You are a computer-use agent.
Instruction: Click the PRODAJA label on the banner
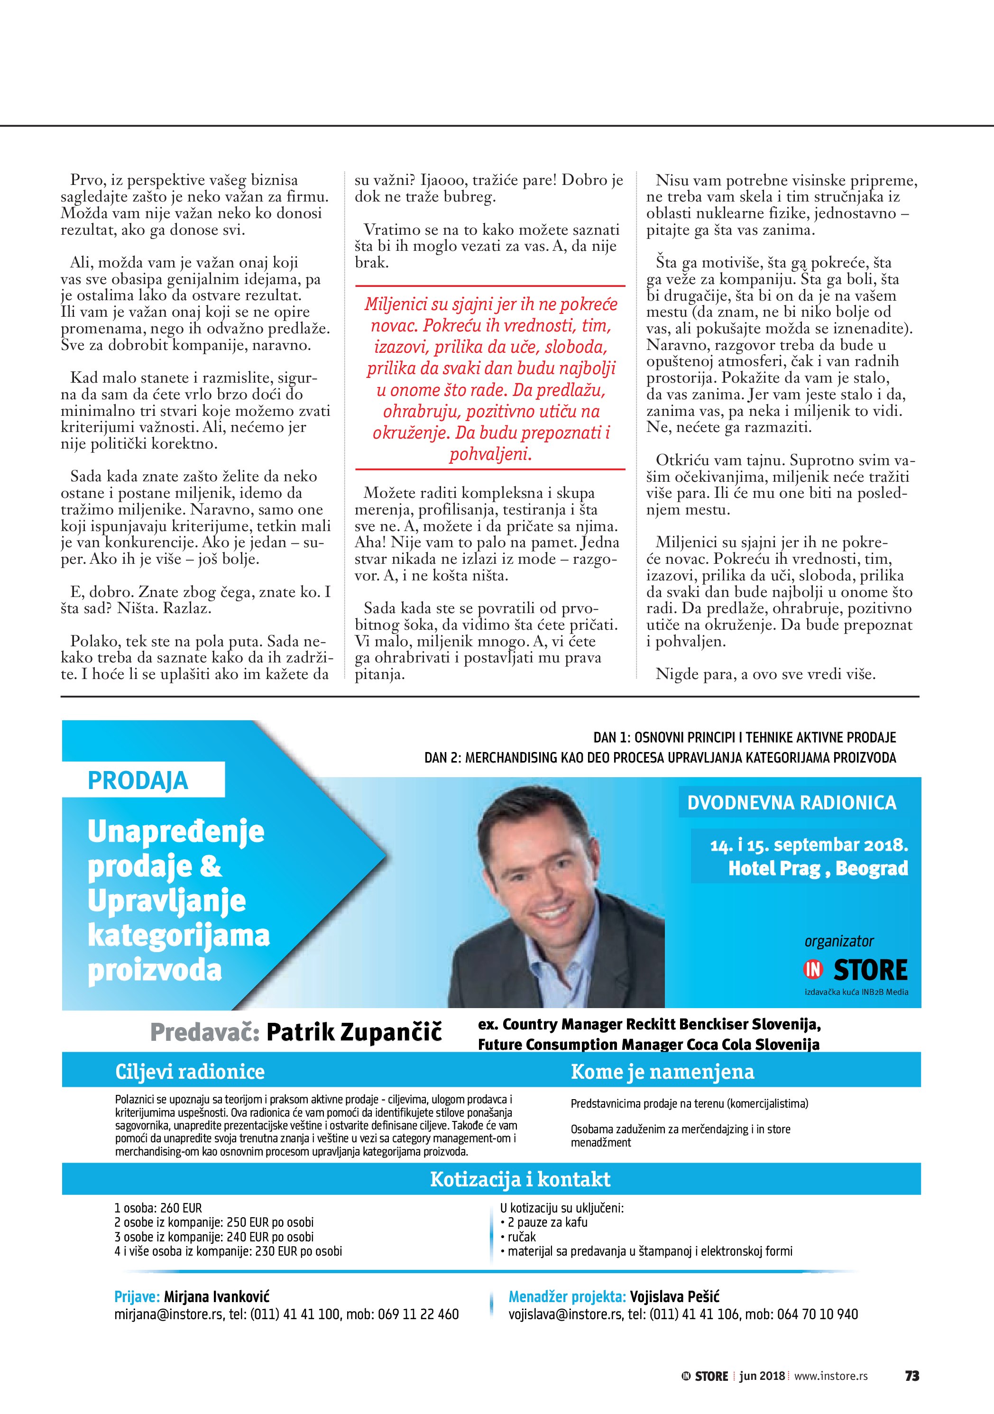click(138, 780)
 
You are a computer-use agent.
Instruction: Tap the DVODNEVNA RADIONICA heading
click(792, 802)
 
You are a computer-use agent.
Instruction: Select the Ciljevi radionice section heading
click(190, 1072)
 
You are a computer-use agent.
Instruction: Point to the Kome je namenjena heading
click(662, 1072)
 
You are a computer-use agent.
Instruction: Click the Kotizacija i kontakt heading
click(520, 1179)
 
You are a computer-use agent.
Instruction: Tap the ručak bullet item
click(522, 1237)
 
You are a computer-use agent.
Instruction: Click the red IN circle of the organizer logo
click(813, 970)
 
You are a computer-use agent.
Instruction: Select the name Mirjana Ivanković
click(217, 1297)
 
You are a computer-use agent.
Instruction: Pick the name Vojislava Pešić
click(674, 1297)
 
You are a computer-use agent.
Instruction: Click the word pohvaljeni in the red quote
click(490, 454)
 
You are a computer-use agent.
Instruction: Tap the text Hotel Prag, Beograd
click(818, 868)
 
